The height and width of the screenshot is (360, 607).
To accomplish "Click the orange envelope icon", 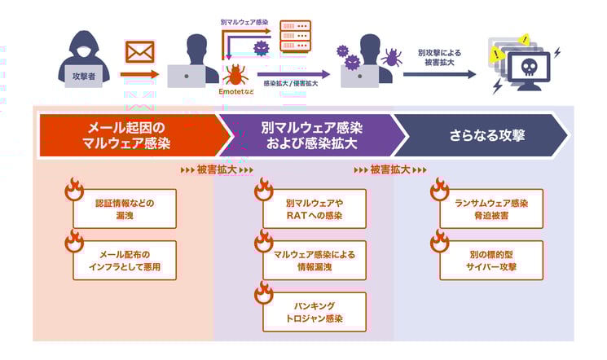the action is click(140, 52).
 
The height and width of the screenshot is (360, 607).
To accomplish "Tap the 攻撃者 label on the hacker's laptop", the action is click(84, 77).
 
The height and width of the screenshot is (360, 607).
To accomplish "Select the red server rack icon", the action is click(296, 36).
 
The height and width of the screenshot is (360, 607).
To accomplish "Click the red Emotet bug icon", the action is click(235, 75).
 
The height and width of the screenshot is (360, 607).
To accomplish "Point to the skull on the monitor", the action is click(529, 68).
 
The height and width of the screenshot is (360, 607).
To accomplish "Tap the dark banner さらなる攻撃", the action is click(480, 135).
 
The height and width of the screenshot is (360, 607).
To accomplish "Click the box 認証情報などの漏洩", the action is click(125, 209).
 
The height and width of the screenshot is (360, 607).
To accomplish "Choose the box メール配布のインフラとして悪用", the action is click(125, 260).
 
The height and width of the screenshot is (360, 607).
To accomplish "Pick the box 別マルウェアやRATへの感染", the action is click(314, 209).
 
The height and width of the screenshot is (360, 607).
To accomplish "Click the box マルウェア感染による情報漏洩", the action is click(314, 260).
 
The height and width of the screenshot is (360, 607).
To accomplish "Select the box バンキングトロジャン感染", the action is click(314, 312).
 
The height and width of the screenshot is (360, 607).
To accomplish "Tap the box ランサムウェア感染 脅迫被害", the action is click(491, 209).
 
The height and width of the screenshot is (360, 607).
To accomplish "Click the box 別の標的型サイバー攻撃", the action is click(491, 260).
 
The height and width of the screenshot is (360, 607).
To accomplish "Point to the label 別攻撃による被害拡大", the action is click(439, 57).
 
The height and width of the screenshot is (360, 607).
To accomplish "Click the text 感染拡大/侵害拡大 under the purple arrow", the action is click(291, 83).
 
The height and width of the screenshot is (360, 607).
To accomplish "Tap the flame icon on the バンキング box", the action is click(264, 292).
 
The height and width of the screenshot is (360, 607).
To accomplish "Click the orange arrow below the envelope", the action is click(140, 74).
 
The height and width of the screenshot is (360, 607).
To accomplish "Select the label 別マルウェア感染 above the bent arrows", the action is click(244, 22).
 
